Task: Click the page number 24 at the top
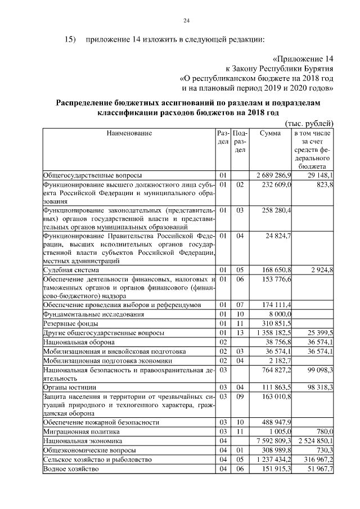coord(186,21)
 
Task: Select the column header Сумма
coord(270,133)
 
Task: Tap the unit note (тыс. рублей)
coord(309,123)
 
